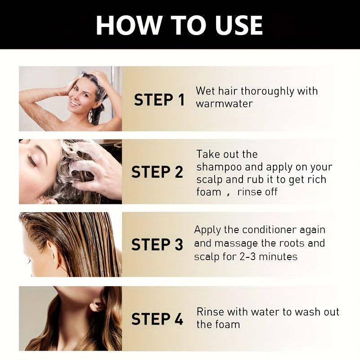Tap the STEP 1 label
159,100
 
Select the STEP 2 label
157,172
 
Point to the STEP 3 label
157,244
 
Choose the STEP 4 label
157,319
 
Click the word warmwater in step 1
224,103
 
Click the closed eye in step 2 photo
32,160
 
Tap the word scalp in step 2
208,180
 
